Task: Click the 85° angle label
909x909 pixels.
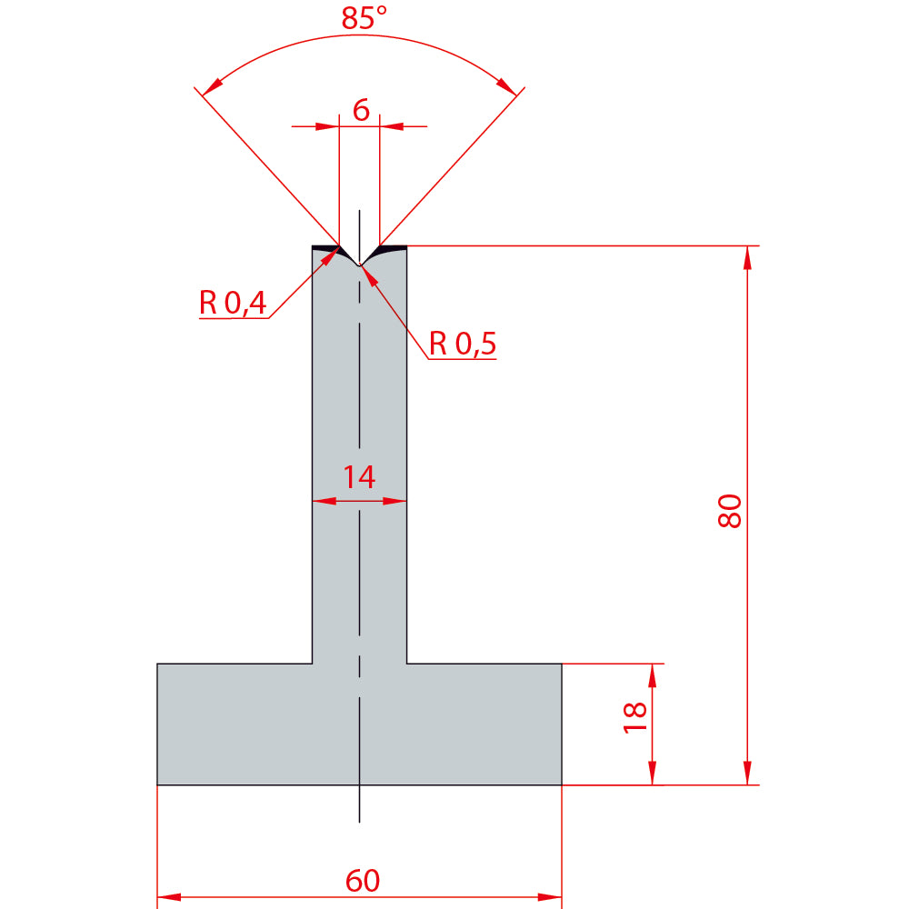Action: pos(364,18)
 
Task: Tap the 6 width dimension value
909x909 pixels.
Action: pos(361,110)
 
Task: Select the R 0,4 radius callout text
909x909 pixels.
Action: pos(233,302)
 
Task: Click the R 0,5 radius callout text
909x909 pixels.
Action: pos(462,344)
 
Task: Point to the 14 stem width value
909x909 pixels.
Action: pos(359,477)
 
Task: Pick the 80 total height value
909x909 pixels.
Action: pos(729,511)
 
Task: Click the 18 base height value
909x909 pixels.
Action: pos(634,718)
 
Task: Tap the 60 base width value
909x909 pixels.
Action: pos(363,881)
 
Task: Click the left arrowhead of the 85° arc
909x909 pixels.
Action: pos(212,86)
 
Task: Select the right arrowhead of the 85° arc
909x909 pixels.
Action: pos(506,85)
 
